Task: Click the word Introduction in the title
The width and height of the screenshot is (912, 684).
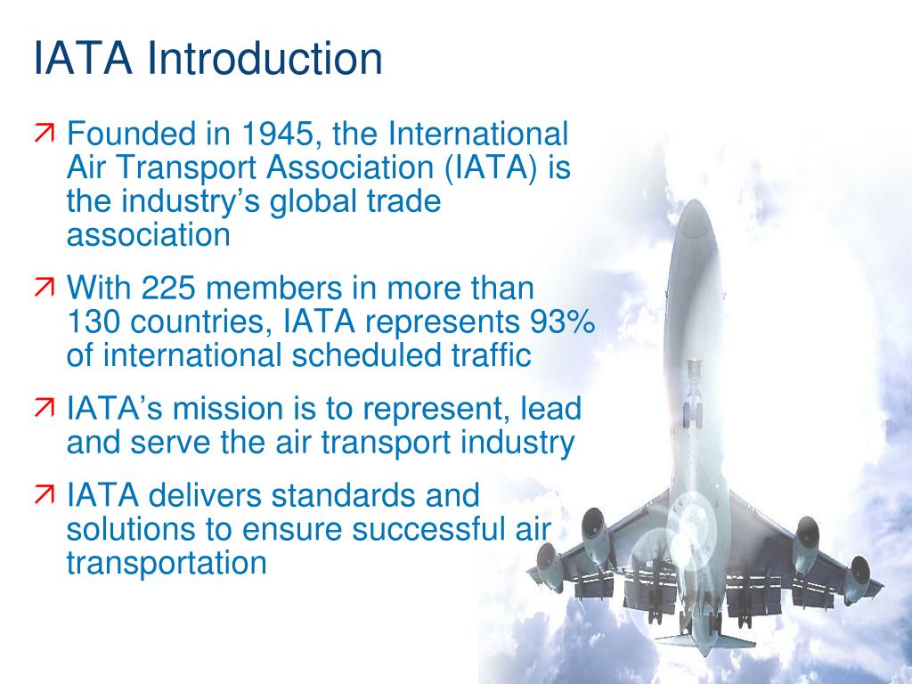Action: (x=265, y=59)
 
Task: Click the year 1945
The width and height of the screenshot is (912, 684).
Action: (x=275, y=135)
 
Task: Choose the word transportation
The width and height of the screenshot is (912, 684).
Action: (x=167, y=563)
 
